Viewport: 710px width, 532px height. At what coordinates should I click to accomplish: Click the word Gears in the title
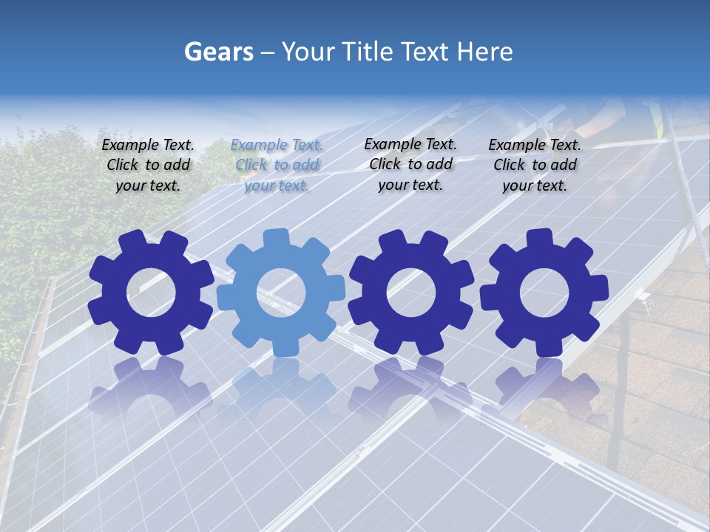click(218, 52)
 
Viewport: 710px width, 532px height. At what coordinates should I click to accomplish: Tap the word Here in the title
click(484, 52)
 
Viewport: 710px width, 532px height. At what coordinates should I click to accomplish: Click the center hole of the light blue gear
click(281, 293)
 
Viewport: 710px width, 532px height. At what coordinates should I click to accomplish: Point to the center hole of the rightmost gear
click(544, 293)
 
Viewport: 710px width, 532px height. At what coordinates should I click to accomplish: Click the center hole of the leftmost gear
click(151, 293)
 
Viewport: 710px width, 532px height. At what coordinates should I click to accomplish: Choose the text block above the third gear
click(410, 164)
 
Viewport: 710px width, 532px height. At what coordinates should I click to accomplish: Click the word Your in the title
click(309, 52)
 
